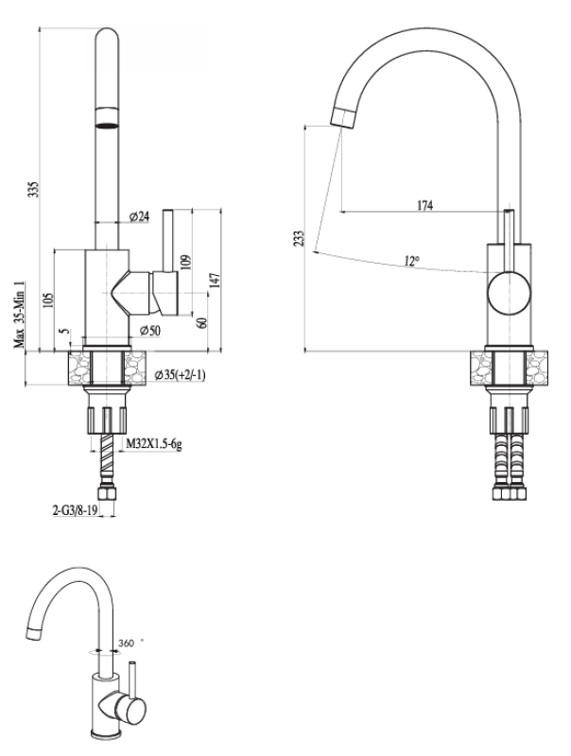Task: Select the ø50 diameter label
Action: coord(148,330)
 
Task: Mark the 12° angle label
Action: coord(409,261)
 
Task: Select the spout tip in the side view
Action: coord(342,116)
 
